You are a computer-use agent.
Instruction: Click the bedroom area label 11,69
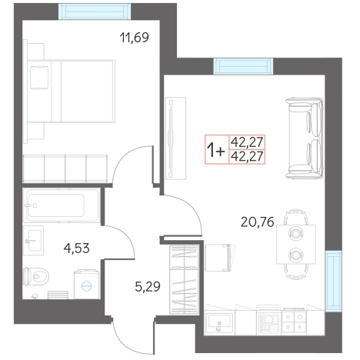(x=134, y=38)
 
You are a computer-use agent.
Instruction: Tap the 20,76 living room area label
(x=258, y=222)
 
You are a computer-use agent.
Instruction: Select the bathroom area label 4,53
(x=76, y=248)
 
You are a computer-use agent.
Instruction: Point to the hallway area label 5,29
(x=148, y=286)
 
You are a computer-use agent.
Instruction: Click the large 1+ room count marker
(x=216, y=150)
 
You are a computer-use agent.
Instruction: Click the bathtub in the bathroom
(x=61, y=205)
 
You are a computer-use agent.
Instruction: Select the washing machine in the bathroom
(x=86, y=284)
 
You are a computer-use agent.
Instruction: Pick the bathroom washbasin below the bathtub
(x=33, y=241)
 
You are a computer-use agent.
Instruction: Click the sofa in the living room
(x=304, y=138)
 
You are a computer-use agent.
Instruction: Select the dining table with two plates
(x=296, y=244)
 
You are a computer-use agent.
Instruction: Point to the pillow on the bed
(x=39, y=77)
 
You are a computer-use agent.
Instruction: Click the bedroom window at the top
(x=95, y=12)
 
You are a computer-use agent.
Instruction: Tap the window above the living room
(x=243, y=66)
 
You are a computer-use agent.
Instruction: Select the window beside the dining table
(x=333, y=281)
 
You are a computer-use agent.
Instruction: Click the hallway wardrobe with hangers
(x=185, y=279)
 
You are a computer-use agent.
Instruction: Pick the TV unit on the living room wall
(x=175, y=138)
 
